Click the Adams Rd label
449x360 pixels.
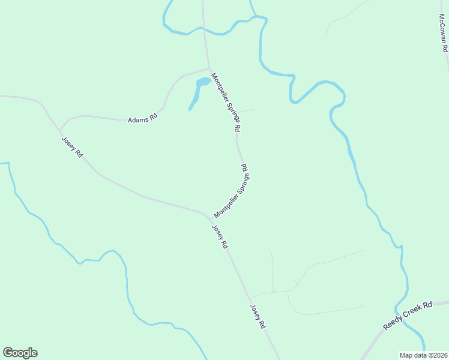tap(142, 119)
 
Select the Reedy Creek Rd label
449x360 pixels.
tap(408, 316)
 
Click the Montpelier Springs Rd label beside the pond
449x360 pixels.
tap(226, 103)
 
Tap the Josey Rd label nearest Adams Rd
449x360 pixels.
tap(71, 147)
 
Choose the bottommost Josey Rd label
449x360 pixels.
tap(258, 316)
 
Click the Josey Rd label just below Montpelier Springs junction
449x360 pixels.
tap(220, 236)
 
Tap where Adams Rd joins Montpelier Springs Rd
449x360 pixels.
tap(209, 68)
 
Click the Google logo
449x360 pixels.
tap(20, 353)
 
